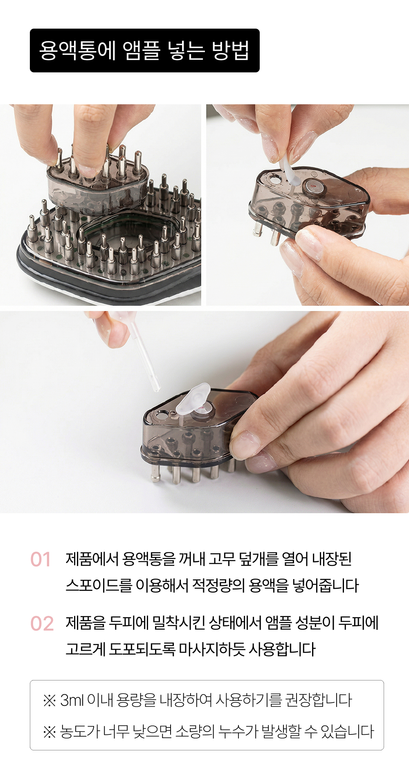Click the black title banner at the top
pyautogui.click(x=145, y=50)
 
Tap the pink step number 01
pyautogui.click(x=40, y=559)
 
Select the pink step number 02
pyautogui.click(x=42, y=624)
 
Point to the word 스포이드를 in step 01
pyautogui.click(x=99, y=585)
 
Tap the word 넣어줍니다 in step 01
pyautogui.click(x=326, y=585)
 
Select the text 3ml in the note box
pyautogui.click(x=72, y=700)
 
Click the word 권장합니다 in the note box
pyautogui.click(x=318, y=700)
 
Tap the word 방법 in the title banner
pyautogui.click(x=231, y=51)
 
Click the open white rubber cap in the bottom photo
pyautogui.click(x=193, y=397)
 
